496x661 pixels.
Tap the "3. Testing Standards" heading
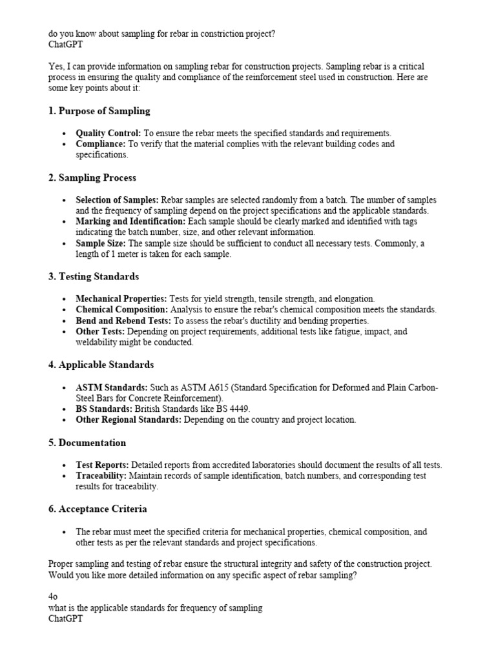(93, 276)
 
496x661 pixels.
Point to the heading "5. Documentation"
(87, 443)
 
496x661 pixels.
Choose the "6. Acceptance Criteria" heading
(98, 509)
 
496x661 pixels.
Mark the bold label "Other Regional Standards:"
(129, 420)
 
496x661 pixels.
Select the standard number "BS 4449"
(235, 409)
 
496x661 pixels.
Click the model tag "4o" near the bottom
(54, 598)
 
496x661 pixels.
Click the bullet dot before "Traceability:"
(65, 476)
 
